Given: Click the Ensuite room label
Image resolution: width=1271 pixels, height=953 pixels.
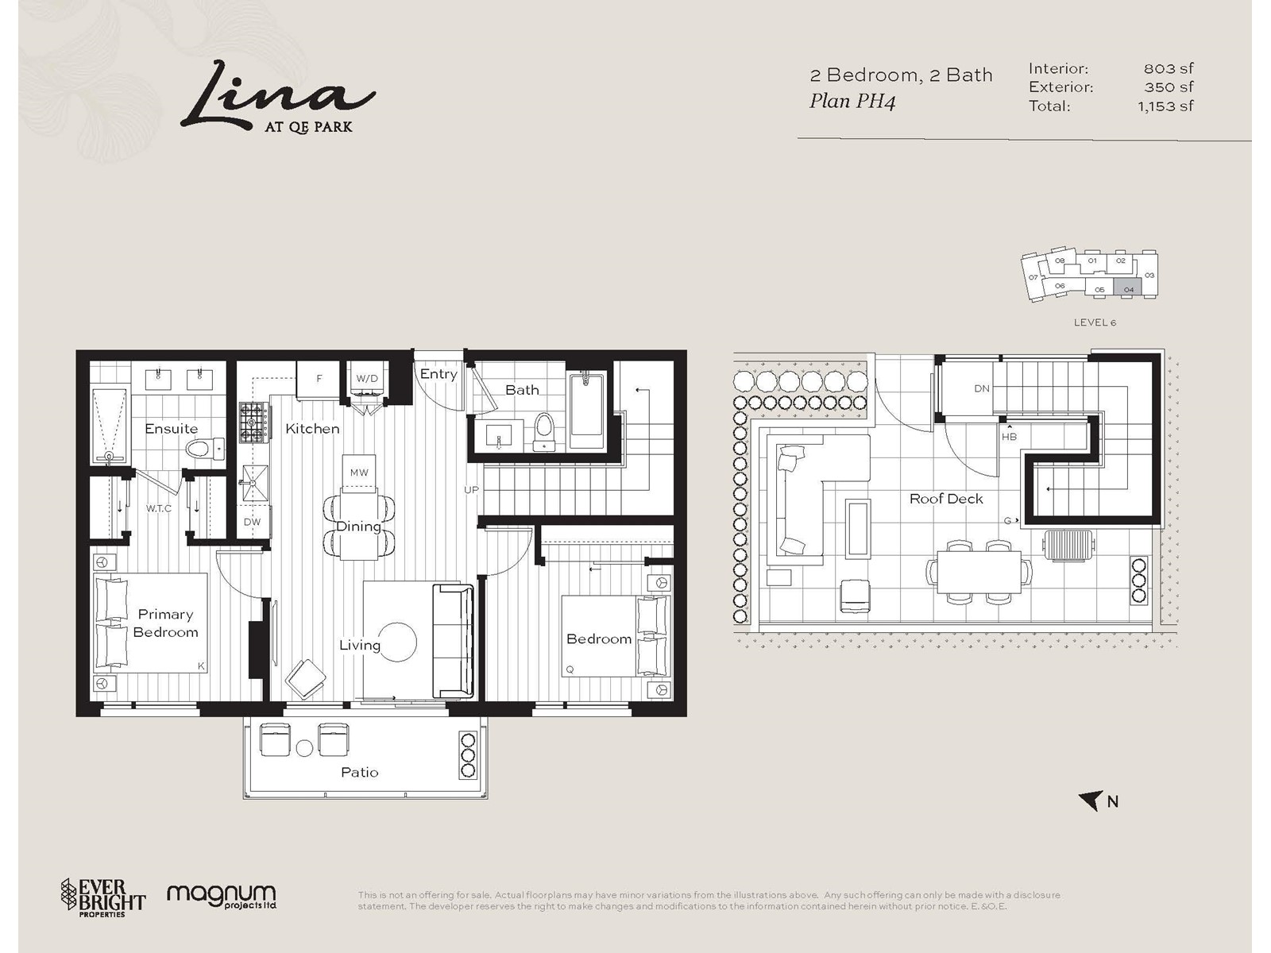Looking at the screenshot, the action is coord(172,429).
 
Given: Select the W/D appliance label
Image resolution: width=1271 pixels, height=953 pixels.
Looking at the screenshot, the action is coord(367,379).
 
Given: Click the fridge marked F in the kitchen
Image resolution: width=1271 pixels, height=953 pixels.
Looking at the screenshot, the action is coord(319,380).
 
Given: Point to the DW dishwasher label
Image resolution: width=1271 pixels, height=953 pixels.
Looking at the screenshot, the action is coord(252,522).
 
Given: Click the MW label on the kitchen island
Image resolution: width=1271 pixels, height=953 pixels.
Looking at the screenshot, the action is coord(359,473).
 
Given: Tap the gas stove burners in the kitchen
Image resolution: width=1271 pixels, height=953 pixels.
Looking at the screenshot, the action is coord(253,422).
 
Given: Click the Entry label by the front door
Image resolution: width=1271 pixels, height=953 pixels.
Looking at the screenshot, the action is coord(438,374).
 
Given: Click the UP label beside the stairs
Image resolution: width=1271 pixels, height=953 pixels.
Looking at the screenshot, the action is coord(471,490).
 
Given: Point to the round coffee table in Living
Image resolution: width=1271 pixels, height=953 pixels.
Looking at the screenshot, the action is coord(397,642).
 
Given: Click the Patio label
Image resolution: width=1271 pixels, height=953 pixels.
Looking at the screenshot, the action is coord(360,773).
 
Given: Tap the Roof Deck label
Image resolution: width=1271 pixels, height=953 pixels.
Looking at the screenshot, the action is coord(946,499).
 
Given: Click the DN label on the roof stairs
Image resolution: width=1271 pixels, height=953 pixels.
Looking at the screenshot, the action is coord(982,389).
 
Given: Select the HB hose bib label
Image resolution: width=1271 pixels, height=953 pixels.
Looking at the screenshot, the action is coord(1010,437).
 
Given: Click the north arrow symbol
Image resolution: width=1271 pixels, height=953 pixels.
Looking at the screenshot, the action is coord(1090,801).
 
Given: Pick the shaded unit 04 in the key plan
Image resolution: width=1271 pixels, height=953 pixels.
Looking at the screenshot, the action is coord(1128,287).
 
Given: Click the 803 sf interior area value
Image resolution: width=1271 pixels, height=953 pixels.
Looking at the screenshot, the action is coord(1168,69).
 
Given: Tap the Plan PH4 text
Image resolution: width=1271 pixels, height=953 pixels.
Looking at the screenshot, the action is coord(852,102).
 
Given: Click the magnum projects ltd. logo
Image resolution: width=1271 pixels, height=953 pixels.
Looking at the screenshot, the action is coord(222,897).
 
